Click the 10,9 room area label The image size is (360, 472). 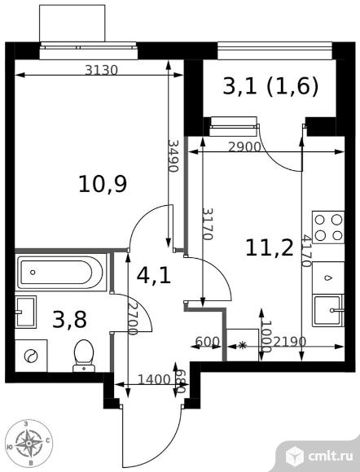102,185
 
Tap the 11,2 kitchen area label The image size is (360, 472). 269,247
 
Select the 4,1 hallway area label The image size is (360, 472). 153,275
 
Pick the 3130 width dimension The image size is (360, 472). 102,70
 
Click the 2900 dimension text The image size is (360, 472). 244,146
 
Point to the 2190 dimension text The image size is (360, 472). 289,343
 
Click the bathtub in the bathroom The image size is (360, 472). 61,272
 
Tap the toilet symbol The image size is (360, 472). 84,355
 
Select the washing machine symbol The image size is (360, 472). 30,355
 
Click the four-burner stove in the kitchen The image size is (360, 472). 328,227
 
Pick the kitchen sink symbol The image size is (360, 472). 331,308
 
